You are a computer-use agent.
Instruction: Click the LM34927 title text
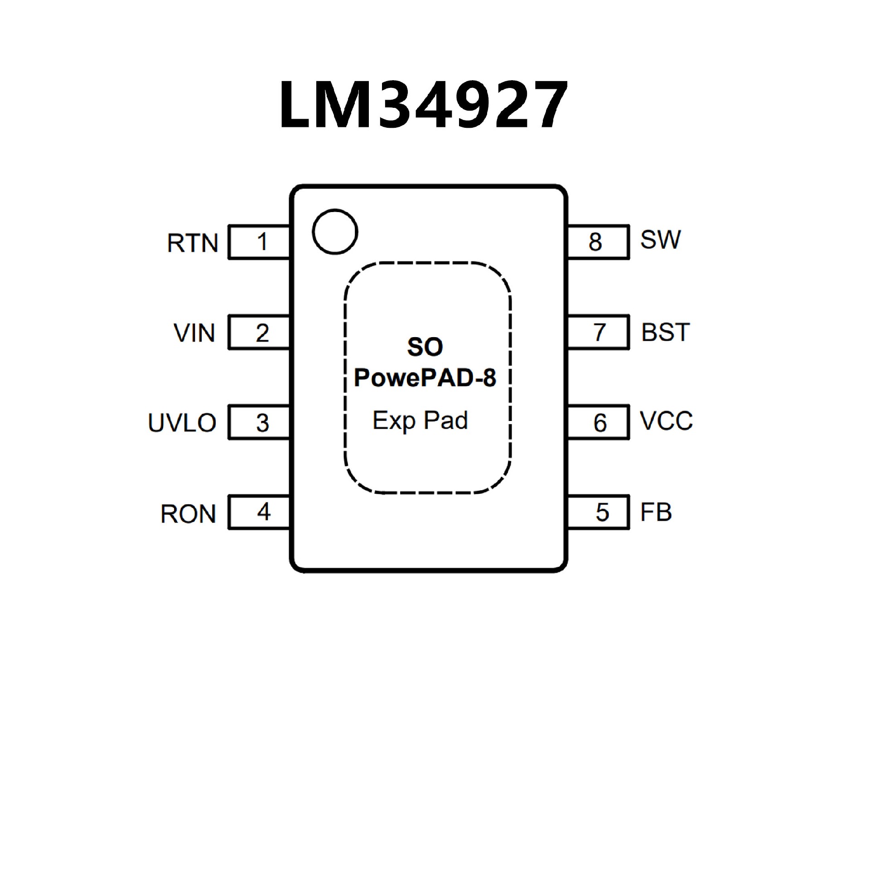(423, 105)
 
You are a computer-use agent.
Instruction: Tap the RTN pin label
(193, 243)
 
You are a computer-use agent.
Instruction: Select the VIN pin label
(194, 333)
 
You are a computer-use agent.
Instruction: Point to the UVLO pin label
(182, 423)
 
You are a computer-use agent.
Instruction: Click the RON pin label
(188, 514)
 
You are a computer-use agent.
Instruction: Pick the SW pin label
(660, 240)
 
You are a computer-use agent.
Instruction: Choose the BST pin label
(665, 332)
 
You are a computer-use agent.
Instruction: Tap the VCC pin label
(666, 421)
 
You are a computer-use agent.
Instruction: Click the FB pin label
(656, 512)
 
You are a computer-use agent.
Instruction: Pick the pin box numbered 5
(598, 512)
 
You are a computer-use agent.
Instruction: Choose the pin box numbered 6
(598, 422)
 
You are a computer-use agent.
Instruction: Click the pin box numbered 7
(598, 333)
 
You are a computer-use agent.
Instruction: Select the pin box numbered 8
(598, 242)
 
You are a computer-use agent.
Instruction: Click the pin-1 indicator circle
(335, 232)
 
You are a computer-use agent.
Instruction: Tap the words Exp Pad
(420, 420)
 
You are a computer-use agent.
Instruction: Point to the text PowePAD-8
(425, 378)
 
